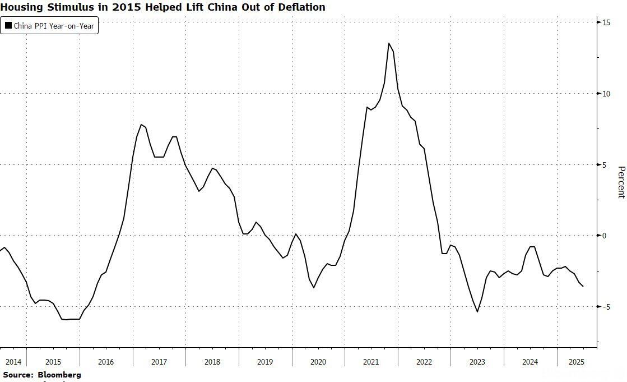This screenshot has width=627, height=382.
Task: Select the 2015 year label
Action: pyautogui.click(x=53, y=362)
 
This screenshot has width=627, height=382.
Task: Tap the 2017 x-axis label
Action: pyautogui.click(x=159, y=362)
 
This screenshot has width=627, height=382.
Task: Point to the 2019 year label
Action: pyautogui.click(x=265, y=362)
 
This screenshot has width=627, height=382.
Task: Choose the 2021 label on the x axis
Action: pyautogui.click(x=371, y=362)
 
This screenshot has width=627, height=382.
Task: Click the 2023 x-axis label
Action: pyautogui.click(x=477, y=362)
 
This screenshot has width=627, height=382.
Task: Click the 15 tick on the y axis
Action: pyautogui.click(x=606, y=22)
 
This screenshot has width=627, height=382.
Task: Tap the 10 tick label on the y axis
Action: pyautogui.click(x=606, y=94)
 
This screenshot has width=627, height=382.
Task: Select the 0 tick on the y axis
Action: pyautogui.click(x=605, y=236)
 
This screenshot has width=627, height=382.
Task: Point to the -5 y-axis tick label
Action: pyautogui.click(x=606, y=307)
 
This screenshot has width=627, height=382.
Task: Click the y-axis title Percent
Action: pyautogui.click(x=620, y=182)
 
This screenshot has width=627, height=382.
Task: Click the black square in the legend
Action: pyautogui.click(x=8, y=26)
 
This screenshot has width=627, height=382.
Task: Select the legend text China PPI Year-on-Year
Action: pyautogui.click(x=54, y=26)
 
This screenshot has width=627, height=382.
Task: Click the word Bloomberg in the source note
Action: pyautogui.click(x=59, y=374)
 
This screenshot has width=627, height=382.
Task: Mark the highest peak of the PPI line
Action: pyautogui.click(x=389, y=43)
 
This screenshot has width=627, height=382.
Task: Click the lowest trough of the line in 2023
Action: pyautogui.click(x=477, y=312)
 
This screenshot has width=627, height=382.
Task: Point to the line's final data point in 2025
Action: pyautogui.click(x=583, y=286)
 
